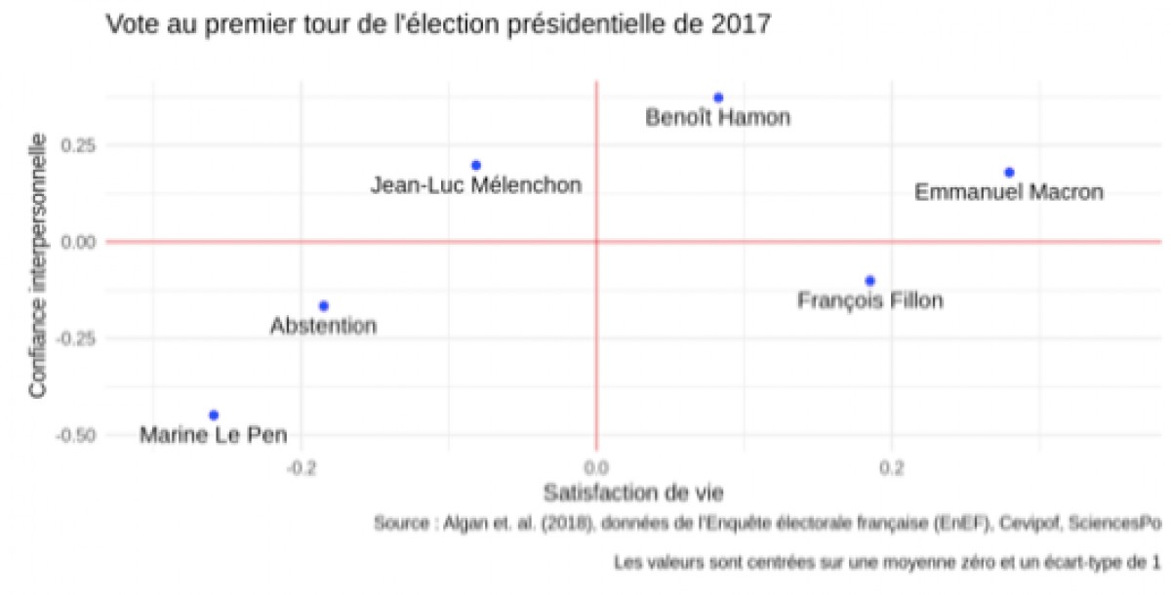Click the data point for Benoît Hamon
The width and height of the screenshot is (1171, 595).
coord(718,98)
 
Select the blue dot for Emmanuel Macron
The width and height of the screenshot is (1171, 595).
coord(1010,173)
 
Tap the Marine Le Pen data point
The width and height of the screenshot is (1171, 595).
coord(214,416)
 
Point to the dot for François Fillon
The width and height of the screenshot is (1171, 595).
coord(870,281)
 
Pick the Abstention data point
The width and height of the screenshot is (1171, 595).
coord(324,306)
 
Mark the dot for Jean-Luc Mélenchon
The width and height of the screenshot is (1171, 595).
coord(476,166)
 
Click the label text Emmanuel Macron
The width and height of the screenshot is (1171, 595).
coord(1009,193)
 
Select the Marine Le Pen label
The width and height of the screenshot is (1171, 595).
coord(214,435)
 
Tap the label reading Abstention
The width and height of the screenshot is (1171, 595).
coord(323,326)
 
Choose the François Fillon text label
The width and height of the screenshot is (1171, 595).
coord(870,301)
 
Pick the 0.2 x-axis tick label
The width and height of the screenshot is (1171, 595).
coord(890,466)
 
